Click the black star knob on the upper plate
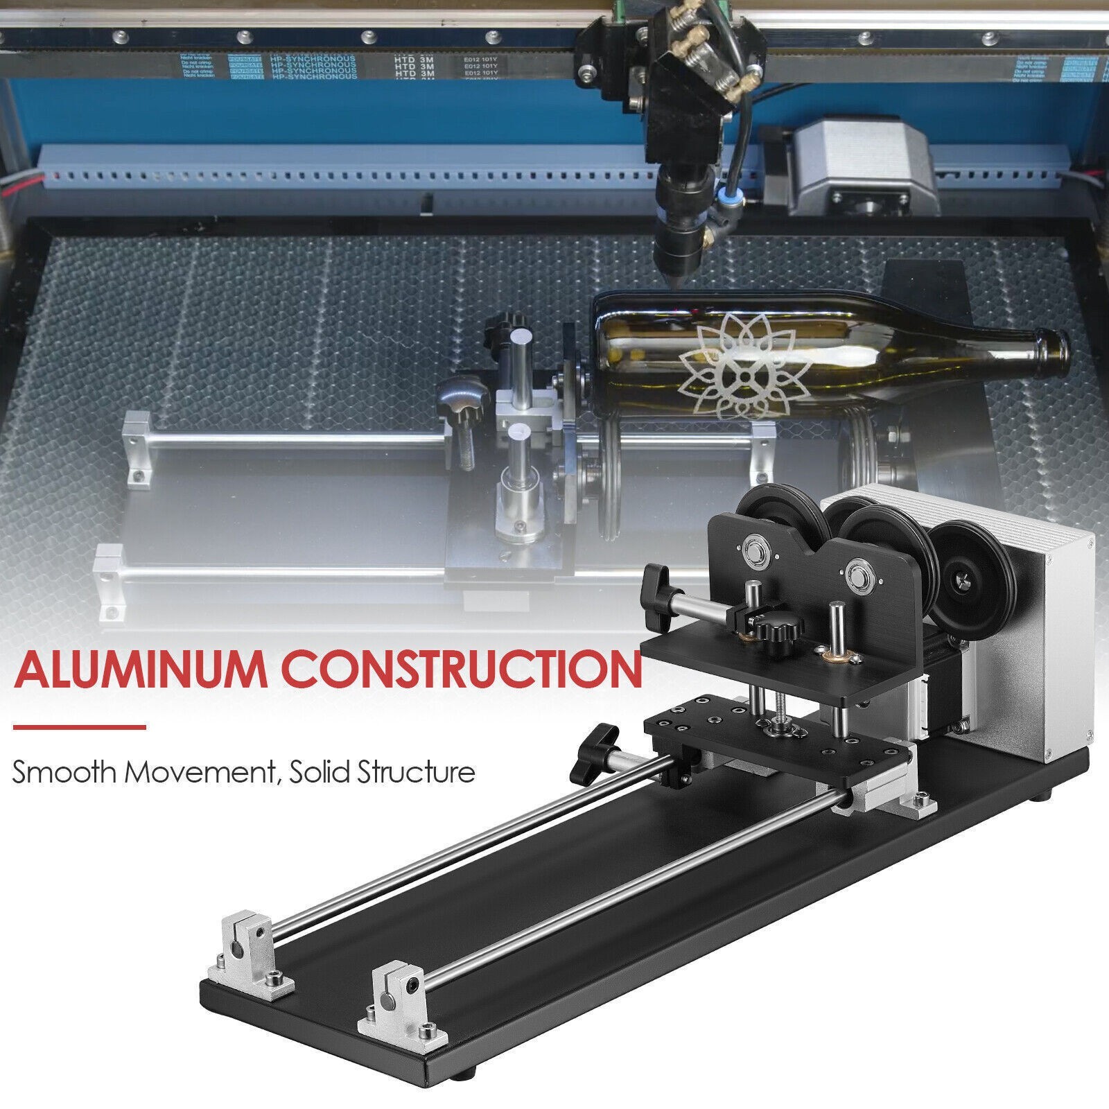774,631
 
